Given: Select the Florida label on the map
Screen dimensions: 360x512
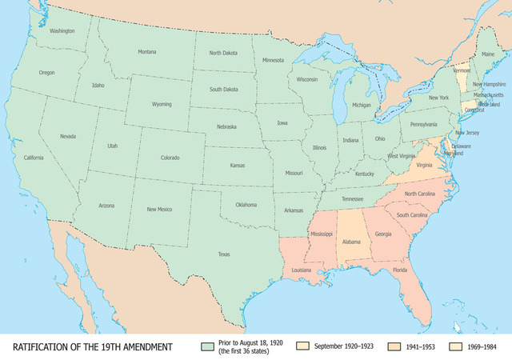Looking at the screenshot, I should click(401, 270).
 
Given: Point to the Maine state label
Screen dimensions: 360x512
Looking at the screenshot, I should click(488, 54).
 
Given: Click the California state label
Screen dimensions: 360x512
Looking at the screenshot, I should click(34, 157).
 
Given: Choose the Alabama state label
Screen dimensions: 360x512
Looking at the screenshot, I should click(351, 240).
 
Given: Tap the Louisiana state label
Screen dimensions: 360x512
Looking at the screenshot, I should click(301, 270).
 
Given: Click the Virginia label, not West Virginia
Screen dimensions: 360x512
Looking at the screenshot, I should click(424, 165).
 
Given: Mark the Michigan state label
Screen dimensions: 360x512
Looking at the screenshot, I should click(362, 105).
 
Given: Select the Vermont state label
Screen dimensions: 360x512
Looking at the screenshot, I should click(462, 70).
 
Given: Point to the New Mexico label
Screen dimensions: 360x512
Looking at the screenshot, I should click(159, 209).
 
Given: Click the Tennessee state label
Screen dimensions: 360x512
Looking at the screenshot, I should click(353, 198).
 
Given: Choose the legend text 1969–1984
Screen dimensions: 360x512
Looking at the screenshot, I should click(483, 346).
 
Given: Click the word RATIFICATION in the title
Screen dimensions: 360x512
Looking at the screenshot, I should click(41, 346).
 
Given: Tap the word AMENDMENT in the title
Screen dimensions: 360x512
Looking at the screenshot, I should click(144, 346).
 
